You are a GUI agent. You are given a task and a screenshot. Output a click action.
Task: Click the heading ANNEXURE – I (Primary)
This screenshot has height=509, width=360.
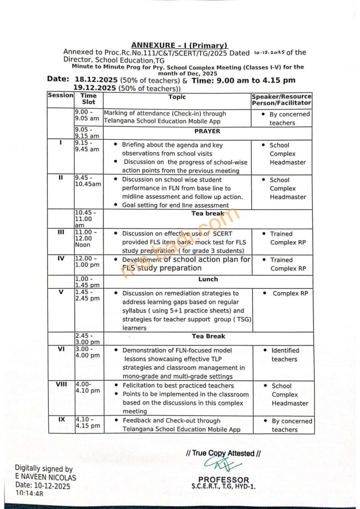(x=180, y=45)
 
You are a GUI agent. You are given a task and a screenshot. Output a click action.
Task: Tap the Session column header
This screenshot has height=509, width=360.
(x=60, y=95)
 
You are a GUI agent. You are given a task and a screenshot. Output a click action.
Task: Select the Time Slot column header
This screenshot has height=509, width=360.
(x=89, y=98)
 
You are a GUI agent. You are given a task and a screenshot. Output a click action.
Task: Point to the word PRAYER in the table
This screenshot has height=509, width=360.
(x=208, y=131)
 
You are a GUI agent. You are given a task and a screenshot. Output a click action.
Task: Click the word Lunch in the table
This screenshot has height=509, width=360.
(x=208, y=279)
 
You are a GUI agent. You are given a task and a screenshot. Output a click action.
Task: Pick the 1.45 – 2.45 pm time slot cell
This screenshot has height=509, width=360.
(x=88, y=295)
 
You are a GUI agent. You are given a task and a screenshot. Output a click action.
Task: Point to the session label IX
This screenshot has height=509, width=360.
(x=61, y=420)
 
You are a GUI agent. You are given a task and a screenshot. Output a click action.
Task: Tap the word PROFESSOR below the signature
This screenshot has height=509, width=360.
(x=223, y=480)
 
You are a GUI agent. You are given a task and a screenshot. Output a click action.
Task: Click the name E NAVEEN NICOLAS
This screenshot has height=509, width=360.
(x=45, y=477)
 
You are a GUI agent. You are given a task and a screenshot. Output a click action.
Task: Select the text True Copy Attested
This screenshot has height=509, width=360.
(x=223, y=453)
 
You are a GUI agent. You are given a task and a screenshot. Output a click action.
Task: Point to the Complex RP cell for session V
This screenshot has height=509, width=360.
(x=290, y=293)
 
